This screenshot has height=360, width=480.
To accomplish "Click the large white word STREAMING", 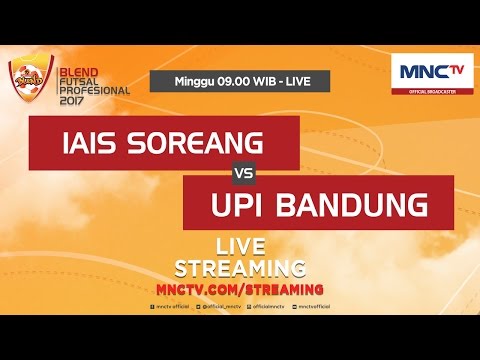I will (240, 267).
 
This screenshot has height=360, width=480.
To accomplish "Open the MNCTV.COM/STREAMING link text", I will (240, 288).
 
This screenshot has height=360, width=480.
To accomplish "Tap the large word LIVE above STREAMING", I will (240, 246).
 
